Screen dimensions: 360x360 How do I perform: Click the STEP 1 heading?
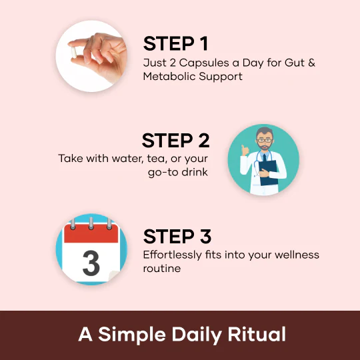tap(175, 43)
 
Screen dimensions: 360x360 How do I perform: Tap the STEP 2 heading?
tap(175, 140)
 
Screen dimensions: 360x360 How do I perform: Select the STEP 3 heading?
tap(177, 236)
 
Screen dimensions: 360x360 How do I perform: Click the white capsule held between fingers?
tap(73, 53)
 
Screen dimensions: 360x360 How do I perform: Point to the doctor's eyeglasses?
tap(265, 140)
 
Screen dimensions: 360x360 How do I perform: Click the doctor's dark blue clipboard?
tap(269, 173)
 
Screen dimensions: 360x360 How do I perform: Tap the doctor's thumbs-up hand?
tap(245, 151)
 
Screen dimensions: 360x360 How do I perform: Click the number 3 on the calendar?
tap(91, 263)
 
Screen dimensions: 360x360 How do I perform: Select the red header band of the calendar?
tap(91, 233)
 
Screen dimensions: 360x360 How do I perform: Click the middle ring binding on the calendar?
tap(91, 223)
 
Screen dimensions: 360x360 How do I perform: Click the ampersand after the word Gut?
tap(311, 63)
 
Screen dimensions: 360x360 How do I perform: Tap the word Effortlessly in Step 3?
tap(173, 255)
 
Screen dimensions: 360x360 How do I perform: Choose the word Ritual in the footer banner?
tap(257, 334)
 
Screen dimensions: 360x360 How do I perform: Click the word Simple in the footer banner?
tap(132, 335)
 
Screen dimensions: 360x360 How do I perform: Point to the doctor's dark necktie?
tap(265, 158)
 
